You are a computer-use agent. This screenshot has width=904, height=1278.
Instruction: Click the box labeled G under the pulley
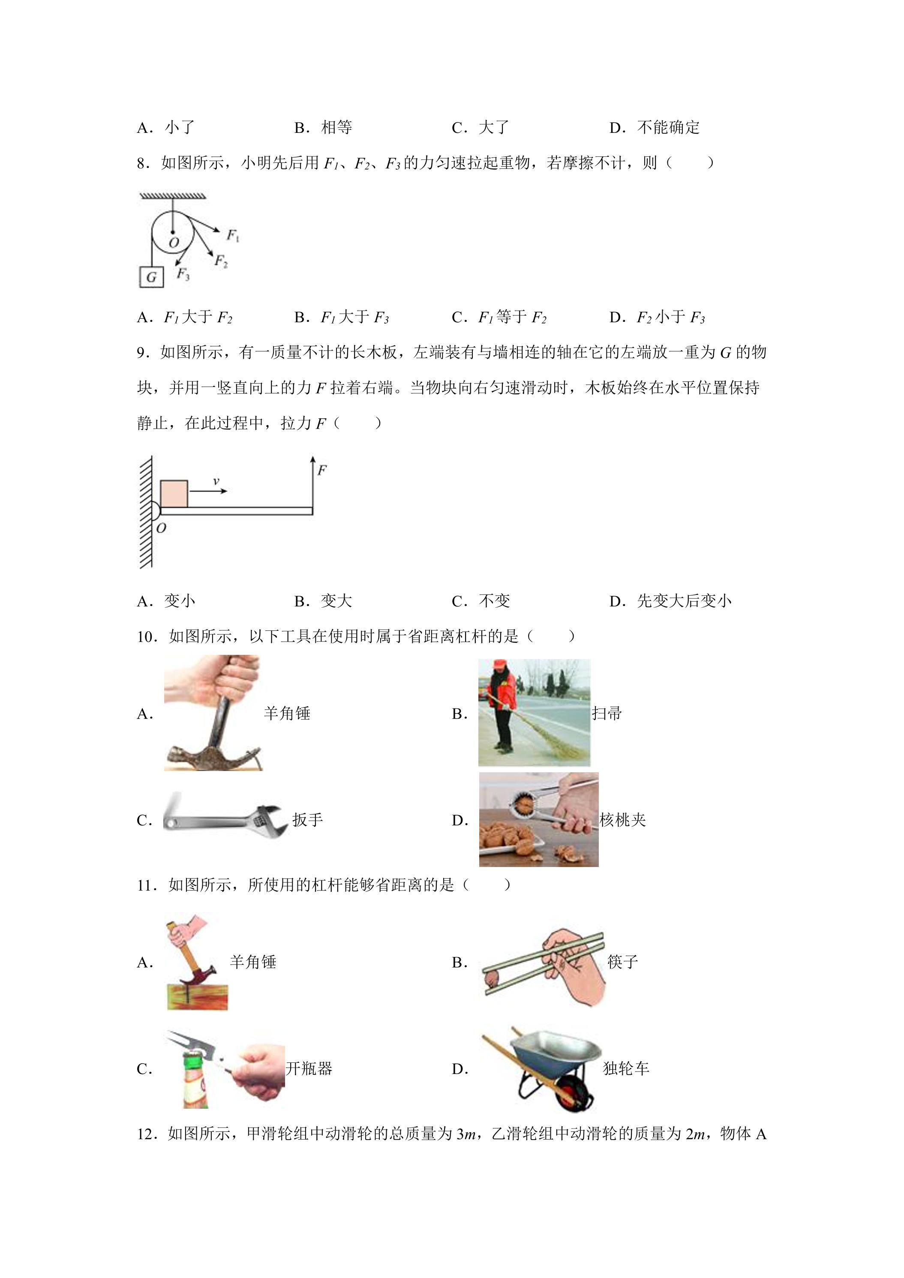[x=151, y=277]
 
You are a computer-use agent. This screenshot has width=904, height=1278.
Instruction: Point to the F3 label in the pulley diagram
[x=183, y=274]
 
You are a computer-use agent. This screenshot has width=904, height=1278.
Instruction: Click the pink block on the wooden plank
[x=174, y=494]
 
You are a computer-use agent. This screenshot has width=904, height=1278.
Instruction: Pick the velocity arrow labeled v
[x=209, y=490]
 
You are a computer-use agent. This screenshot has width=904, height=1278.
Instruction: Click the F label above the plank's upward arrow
[x=322, y=470]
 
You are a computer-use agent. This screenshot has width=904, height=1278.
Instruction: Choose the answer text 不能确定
[x=669, y=127]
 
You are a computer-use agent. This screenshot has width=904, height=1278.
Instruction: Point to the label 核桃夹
[x=623, y=820]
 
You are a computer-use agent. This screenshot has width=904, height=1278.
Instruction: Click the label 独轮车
[x=626, y=1068]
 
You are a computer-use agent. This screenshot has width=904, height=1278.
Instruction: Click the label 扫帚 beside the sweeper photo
[x=607, y=714]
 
